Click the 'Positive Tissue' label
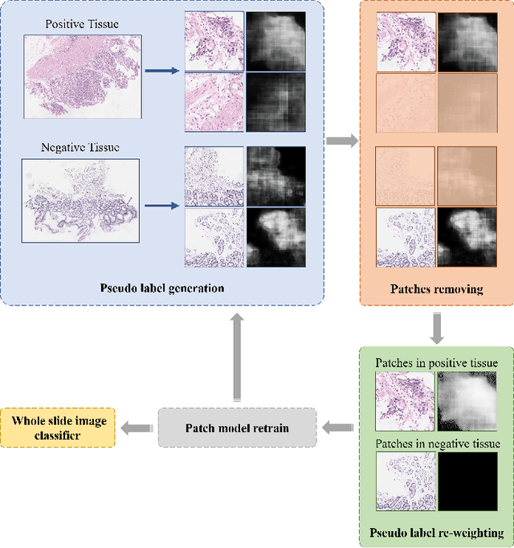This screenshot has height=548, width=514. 82,25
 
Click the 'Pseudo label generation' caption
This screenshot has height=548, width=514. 162,288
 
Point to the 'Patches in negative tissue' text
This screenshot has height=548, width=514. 438,444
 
